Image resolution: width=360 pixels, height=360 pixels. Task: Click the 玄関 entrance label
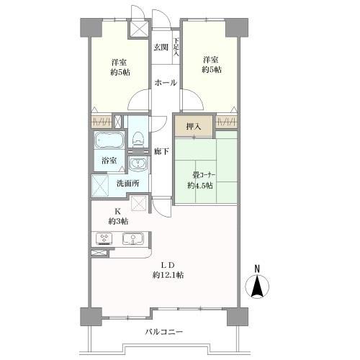[x=160, y=48]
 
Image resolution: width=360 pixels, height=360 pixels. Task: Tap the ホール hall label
[x=165, y=83]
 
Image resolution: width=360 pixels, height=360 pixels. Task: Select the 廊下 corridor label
[x=162, y=151]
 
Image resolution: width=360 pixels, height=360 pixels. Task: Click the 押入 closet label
[x=193, y=127]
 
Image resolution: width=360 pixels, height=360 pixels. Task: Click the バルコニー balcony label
[x=164, y=332]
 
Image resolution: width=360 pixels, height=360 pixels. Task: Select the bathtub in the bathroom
[x=109, y=140]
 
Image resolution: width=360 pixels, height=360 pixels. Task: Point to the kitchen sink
[x=130, y=239]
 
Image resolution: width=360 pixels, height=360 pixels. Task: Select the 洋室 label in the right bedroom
[x=210, y=60]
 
